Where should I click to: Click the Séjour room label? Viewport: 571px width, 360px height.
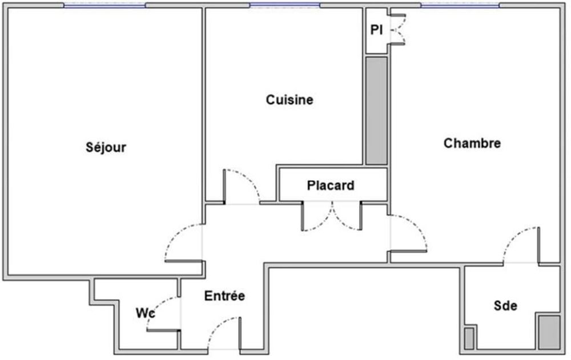tap(106, 147)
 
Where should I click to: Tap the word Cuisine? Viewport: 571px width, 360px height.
tap(289, 100)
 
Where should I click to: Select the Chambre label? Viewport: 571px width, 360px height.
tap(472, 143)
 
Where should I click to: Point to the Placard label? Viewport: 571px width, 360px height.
tap(331, 185)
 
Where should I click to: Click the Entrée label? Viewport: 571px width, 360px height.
tap(224, 296)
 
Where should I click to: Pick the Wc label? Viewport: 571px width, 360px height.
tap(145, 313)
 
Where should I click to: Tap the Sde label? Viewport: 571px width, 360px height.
tap(505, 305)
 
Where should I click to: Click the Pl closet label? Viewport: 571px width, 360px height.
tap(376, 30)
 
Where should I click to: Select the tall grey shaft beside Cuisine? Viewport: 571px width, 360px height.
tap(376, 110)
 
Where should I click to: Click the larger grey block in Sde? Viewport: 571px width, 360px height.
tap(549, 332)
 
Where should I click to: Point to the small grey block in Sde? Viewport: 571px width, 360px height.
tap(469, 338)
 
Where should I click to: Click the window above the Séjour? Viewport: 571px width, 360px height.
tap(105, 5)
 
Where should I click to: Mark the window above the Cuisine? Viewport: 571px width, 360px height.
tap(285, 5)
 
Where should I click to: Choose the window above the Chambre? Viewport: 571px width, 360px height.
tap(460, 5)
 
